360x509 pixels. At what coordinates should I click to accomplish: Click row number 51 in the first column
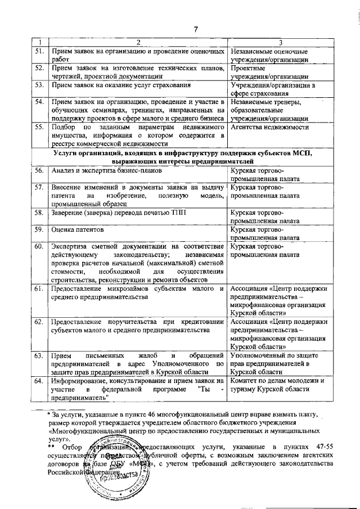click(39, 52)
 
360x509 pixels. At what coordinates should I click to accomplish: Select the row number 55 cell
click(39, 127)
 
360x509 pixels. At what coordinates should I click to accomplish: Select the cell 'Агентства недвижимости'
click(269, 127)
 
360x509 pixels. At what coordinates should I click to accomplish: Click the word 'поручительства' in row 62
click(125, 322)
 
